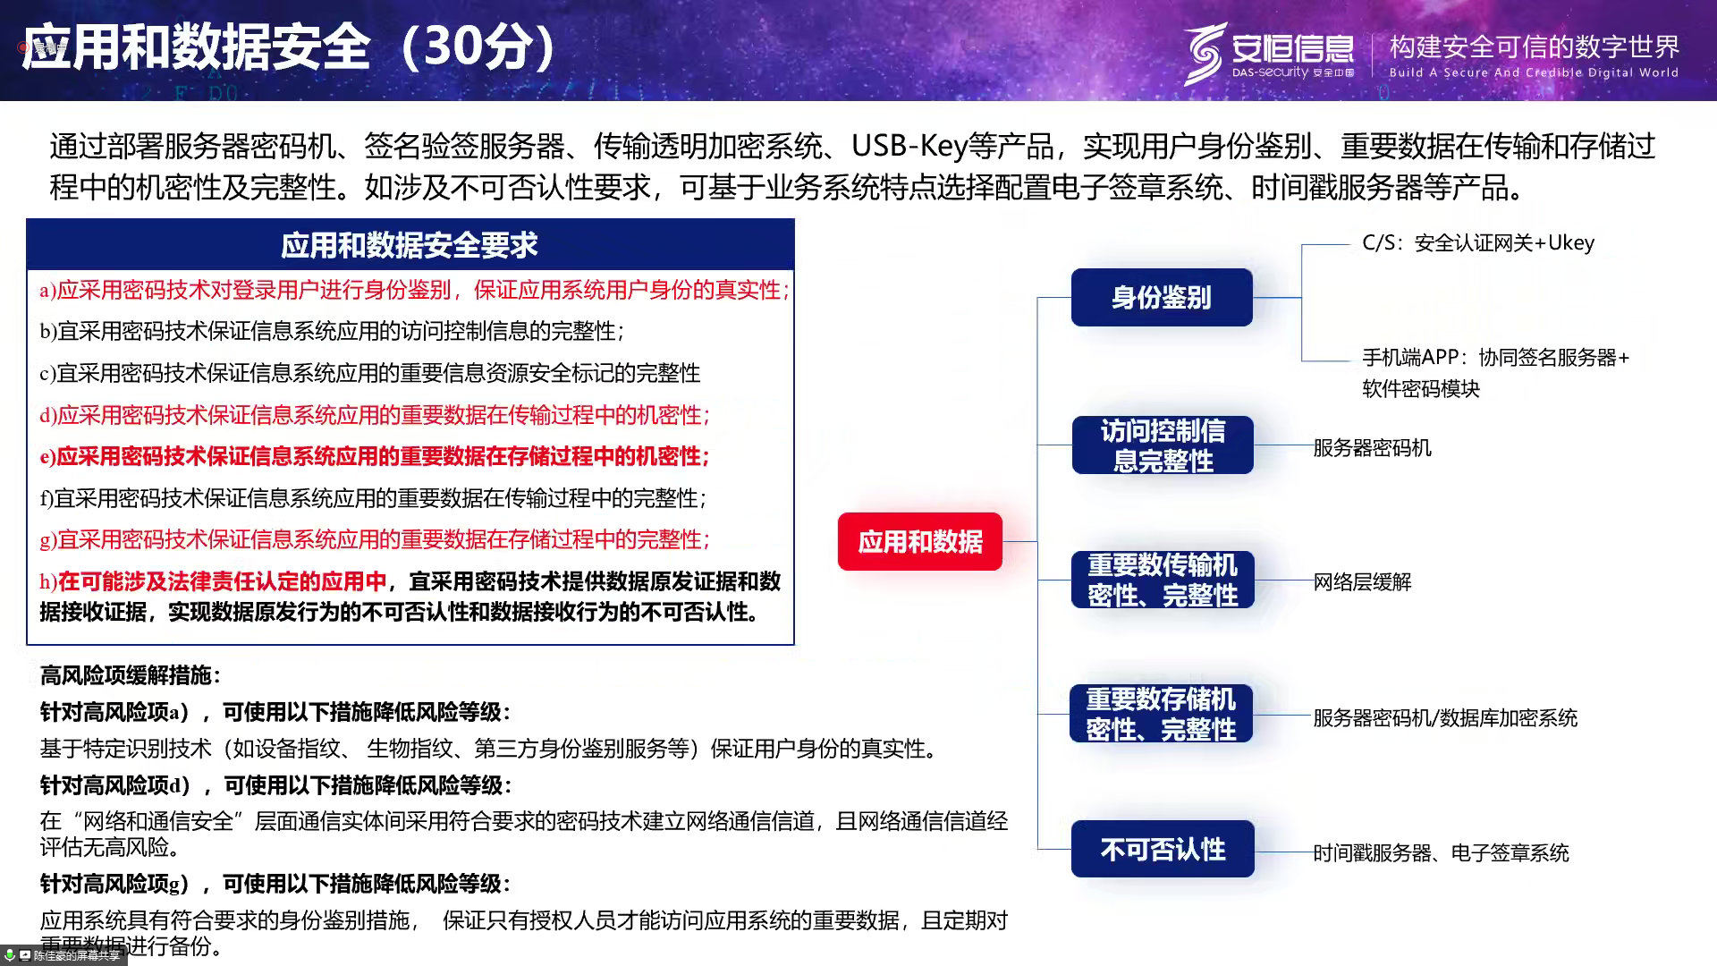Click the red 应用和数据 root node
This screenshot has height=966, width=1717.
(919, 541)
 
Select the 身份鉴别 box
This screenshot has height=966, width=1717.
(1162, 297)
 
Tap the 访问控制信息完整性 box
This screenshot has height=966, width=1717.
(1163, 445)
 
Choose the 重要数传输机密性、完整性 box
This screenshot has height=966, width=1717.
(1163, 580)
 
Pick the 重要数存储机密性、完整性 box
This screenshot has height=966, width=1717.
(1162, 714)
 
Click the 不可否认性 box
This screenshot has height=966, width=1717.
(1163, 849)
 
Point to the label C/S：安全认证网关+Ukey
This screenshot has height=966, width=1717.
(1478, 243)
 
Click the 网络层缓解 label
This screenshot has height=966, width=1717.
(1362, 582)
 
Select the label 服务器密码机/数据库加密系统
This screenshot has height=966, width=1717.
(1445, 717)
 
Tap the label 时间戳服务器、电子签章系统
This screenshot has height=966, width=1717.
(1441, 853)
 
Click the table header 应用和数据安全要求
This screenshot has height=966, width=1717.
(410, 245)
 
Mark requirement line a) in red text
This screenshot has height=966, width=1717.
(414, 290)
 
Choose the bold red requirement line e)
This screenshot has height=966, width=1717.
(375, 456)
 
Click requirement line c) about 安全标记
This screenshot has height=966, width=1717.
(369, 373)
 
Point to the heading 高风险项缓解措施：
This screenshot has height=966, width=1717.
(131, 675)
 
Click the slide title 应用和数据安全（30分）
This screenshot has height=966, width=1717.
(289, 47)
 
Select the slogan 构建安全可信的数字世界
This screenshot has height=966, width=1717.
(1535, 47)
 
